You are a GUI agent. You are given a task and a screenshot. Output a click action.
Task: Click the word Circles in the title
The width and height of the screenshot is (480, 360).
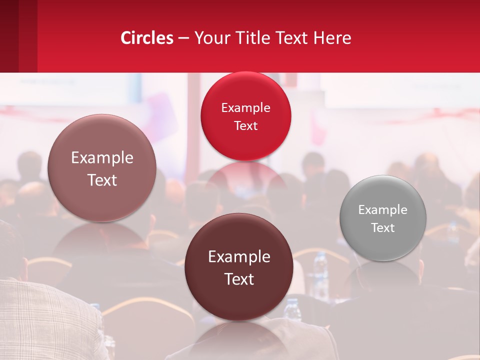point(147,38)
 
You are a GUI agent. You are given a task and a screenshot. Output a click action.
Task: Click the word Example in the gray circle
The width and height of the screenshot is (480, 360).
point(383,210)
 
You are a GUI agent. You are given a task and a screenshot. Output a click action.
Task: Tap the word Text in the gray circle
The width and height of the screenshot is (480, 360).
point(383,228)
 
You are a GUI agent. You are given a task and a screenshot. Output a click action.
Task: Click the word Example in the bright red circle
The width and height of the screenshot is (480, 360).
point(245,108)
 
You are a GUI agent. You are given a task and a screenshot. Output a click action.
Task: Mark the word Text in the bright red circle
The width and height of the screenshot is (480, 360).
point(245,126)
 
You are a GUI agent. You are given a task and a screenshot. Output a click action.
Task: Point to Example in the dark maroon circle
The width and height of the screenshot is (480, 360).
point(239,257)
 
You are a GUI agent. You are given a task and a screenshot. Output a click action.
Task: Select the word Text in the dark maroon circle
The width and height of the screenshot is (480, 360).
point(239,279)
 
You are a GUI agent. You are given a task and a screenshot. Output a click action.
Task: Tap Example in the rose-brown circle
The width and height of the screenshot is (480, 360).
point(102,158)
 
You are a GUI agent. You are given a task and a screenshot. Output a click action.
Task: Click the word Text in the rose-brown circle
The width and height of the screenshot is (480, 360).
point(102,180)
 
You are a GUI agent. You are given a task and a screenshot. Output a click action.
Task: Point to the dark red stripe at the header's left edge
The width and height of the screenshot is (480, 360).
point(9,36)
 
